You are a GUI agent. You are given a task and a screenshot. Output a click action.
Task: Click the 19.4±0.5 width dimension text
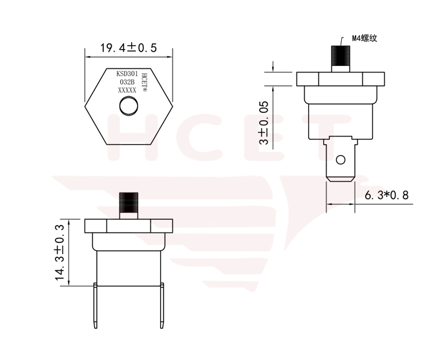pyautogui.click(x=129, y=48)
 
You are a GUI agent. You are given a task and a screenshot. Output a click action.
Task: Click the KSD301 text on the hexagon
pyautogui.click(x=127, y=74)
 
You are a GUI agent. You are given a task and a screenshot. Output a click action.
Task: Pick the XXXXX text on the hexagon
pyautogui.click(x=127, y=91)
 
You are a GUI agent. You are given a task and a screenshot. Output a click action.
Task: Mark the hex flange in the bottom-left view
pyautogui.click(x=129, y=226)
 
